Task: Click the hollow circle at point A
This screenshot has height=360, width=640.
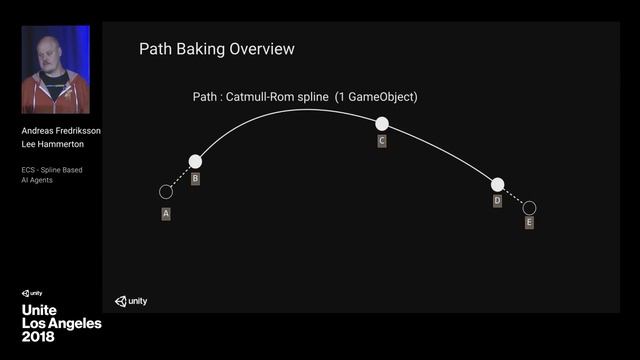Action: pyautogui.click(x=166, y=191)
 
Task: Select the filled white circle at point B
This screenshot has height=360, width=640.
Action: pyautogui.click(x=195, y=161)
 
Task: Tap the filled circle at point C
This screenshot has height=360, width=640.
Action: pyautogui.click(x=381, y=124)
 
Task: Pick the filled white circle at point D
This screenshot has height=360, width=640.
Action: pyautogui.click(x=497, y=184)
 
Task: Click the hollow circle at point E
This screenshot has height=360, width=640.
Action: pyautogui.click(x=529, y=208)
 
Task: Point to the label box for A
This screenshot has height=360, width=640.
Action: pyautogui.click(x=166, y=213)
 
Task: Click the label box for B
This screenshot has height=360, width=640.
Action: pyautogui.click(x=195, y=179)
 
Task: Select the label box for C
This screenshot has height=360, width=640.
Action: pyautogui.click(x=382, y=142)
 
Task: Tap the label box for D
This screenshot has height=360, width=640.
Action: pyautogui.click(x=497, y=201)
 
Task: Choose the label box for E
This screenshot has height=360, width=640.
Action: pyautogui.click(x=529, y=223)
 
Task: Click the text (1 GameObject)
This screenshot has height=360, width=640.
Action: pyautogui.click(x=376, y=97)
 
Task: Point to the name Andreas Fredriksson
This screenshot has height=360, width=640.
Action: pyautogui.click(x=60, y=131)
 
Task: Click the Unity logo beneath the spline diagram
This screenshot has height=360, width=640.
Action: pyautogui.click(x=130, y=300)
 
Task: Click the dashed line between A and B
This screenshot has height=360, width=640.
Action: pyautogui.click(x=180, y=177)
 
